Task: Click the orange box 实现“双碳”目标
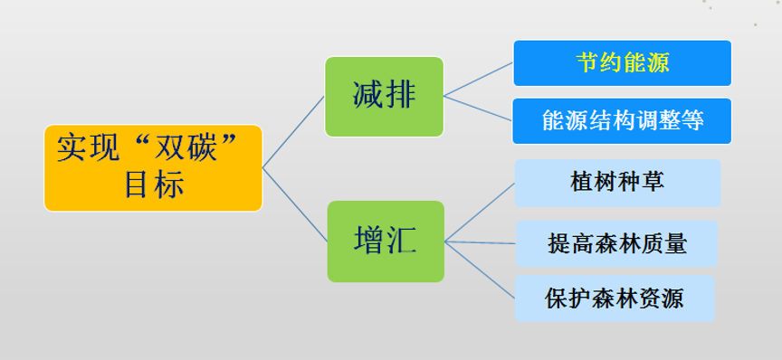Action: point(153,168)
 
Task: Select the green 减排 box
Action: point(384,96)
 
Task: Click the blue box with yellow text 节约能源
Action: point(622,62)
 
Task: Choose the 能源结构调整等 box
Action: point(622,120)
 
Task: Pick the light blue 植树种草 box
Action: point(617,183)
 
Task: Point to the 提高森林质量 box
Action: point(616,243)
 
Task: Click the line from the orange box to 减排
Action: point(293,132)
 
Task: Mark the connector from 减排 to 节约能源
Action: point(478,79)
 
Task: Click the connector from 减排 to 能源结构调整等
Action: point(478,107)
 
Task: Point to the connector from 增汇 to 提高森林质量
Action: point(480,242)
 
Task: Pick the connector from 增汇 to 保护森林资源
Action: point(480,270)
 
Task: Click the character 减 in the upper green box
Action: point(367,96)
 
